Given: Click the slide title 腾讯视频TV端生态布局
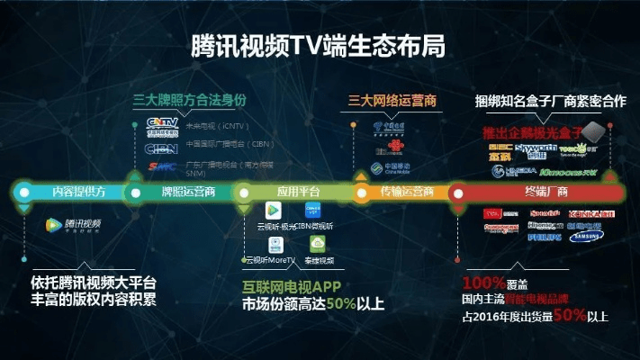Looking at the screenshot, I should click(319, 47).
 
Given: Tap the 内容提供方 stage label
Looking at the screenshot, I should click(79, 192).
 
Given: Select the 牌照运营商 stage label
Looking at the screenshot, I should click(187, 192).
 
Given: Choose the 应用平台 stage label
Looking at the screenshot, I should click(298, 192).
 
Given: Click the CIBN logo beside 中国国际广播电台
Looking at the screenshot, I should click(163, 144).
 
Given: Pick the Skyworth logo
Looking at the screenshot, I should click(534, 148).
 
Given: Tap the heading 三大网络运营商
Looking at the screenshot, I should click(394, 100).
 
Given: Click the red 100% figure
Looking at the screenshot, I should click(486, 281).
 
